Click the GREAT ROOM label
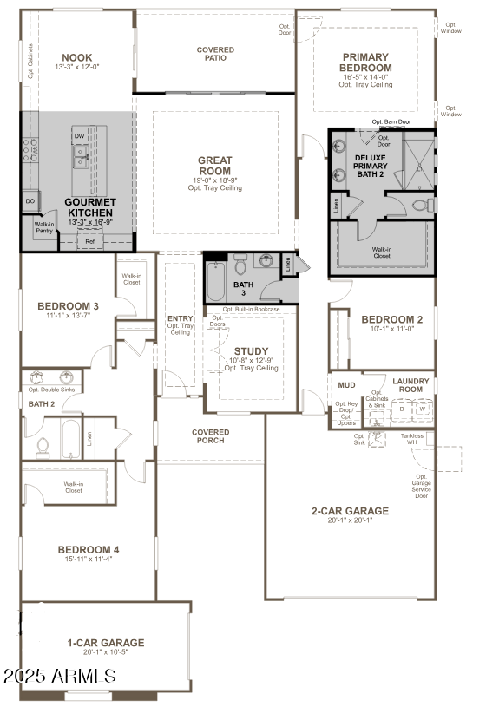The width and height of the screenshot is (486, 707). [x=214, y=166]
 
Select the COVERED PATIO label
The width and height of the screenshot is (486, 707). [x=215, y=54]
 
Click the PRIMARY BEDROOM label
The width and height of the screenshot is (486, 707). [x=365, y=62]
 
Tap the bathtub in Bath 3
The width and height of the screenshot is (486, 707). [x=217, y=282]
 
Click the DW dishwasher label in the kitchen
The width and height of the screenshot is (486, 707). [x=79, y=136]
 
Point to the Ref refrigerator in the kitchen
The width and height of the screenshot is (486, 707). [x=90, y=242]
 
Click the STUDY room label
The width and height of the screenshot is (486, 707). [x=251, y=351]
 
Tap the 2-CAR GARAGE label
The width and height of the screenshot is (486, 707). [x=350, y=511]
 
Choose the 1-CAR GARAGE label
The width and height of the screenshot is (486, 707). [x=105, y=643]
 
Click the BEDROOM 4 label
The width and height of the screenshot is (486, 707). [x=89, y=549]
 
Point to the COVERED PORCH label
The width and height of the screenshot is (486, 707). [x=211, y=435]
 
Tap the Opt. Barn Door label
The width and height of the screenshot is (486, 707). [x=391, y=122]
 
